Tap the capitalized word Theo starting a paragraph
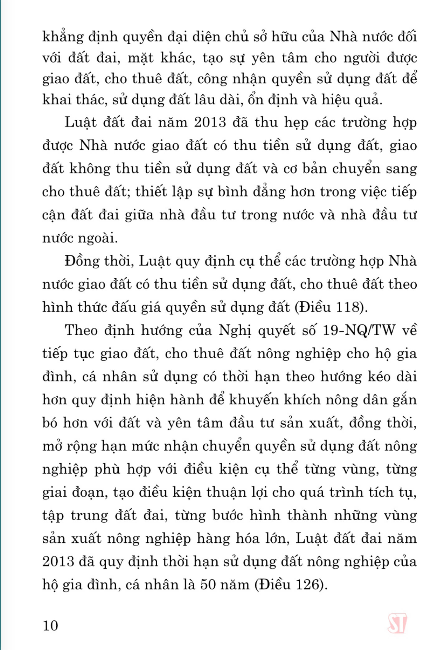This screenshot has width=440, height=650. tap(82, 331)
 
